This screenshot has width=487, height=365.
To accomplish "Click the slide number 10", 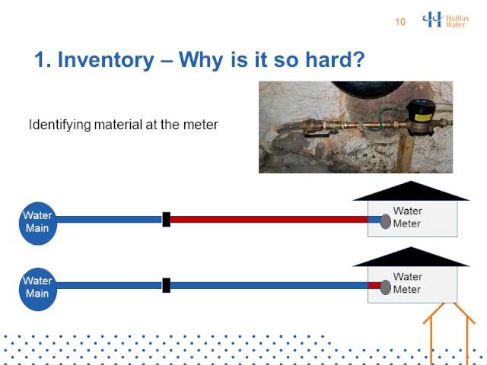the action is (400, 22).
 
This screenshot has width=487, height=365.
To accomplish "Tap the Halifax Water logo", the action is (445, 20).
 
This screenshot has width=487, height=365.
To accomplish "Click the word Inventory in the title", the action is (106, 59).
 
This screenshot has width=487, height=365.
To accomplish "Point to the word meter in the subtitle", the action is (201, 125).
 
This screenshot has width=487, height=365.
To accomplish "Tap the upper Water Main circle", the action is (38, 224).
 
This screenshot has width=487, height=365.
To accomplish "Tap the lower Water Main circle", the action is (38, 289).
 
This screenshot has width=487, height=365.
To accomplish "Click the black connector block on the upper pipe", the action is (167, 220).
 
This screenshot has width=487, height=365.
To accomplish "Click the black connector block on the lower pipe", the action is (167, 285).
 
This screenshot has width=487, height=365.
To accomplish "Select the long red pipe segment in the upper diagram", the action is (269, 220).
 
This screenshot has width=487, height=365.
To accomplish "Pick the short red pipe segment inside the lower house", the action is (374, 286).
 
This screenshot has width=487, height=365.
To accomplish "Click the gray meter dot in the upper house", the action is (386, 221).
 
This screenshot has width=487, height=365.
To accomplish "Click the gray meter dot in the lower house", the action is (386, 287).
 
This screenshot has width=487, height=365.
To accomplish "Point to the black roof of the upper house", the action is (411, 191).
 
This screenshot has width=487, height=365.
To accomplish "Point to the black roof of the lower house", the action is (411, 257).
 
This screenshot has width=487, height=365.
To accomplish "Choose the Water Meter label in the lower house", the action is (407, 283).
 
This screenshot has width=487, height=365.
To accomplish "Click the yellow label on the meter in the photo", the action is (424, 118).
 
